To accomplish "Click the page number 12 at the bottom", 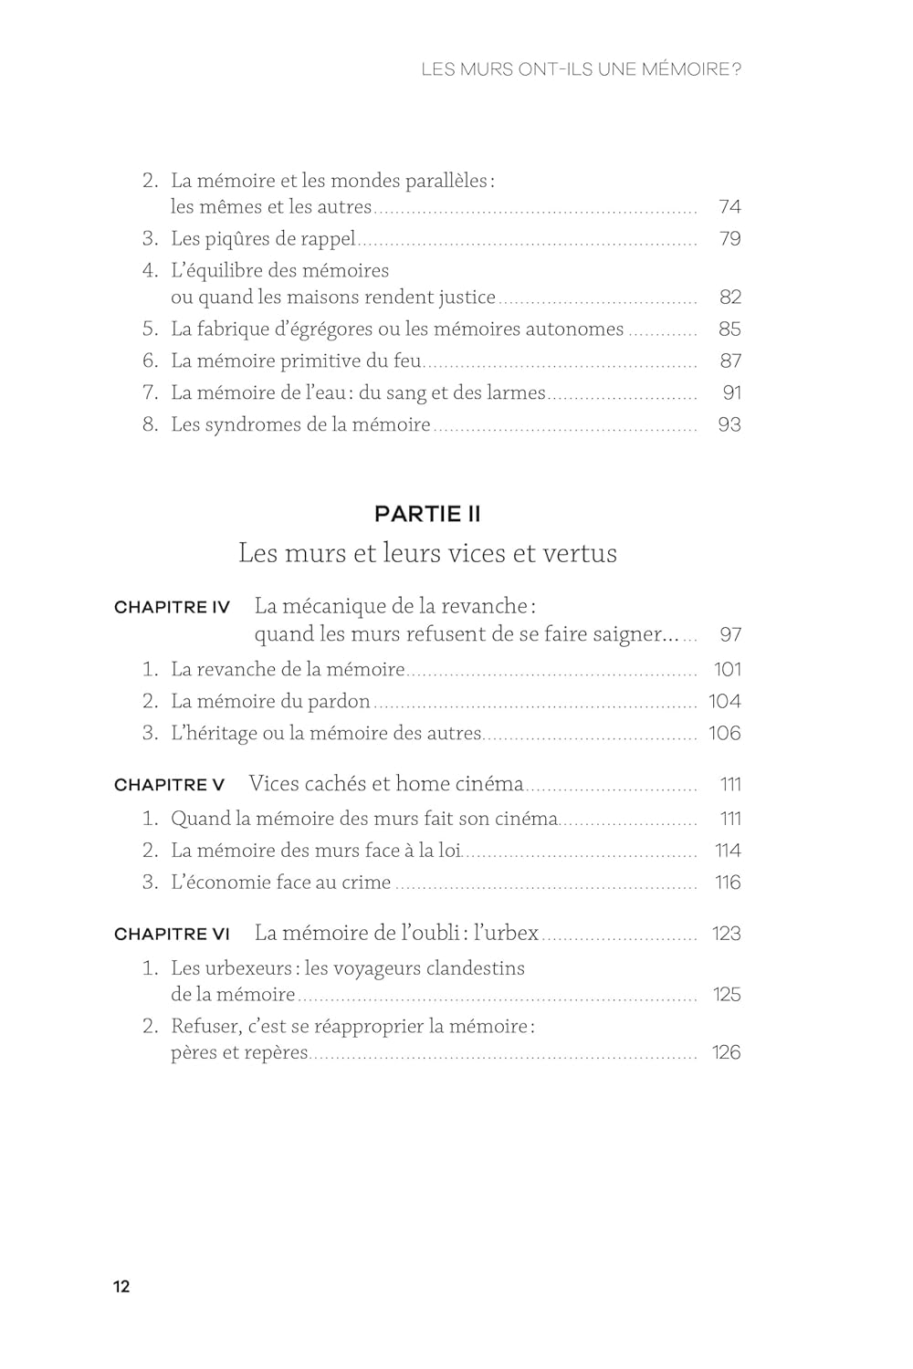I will tap(121, 1287).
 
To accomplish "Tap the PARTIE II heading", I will tap(427, 514).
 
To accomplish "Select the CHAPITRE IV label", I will tap(172, 608).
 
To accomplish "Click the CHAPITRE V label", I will tap(169, 785).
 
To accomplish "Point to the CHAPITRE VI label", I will tap(172, 935).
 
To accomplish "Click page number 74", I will tap(729, 207).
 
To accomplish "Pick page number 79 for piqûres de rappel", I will tap(729, 239).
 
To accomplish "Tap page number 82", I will tap(729, 298).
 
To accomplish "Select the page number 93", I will tap(729, 425).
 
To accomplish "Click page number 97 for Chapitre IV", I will tap(730, 635).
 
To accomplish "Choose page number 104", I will tap(725, 702).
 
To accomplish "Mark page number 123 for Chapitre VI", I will tap(726, 935).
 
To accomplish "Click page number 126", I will tap(726, 1053).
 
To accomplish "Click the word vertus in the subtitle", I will tap(581, 554).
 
